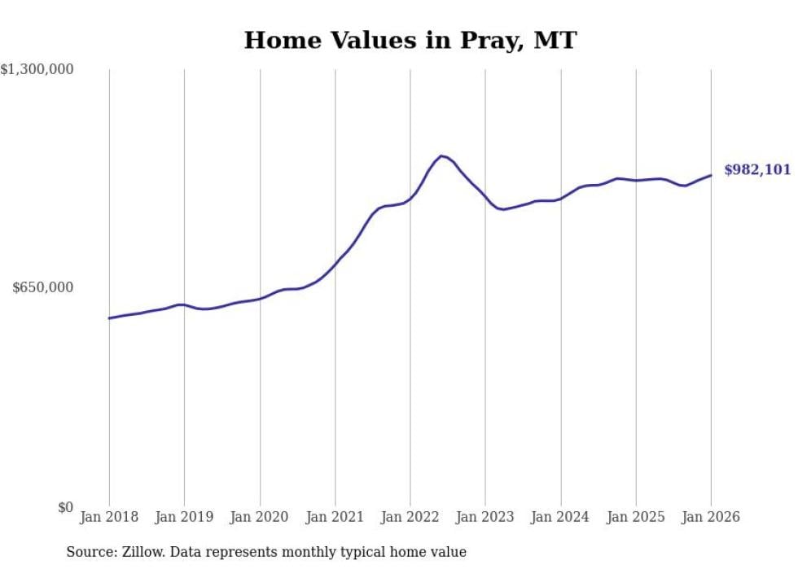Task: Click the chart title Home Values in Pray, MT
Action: pos(410,40)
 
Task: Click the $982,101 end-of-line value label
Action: pos(756,170)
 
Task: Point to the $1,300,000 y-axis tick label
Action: pos(37,70)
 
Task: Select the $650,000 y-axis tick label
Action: pos(43,287)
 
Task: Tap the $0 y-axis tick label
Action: pos(65,507)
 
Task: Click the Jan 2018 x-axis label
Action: pos(109,517)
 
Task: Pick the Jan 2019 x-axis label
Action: pos(184,517)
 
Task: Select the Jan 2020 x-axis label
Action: pos(260,517)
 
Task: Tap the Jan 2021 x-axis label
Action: pos(335,517)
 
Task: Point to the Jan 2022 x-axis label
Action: pos(410,517)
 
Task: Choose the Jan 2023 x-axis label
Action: pos(485,517)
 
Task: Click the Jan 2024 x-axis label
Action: pos(560,517)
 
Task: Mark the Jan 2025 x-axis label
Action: pos(636,517)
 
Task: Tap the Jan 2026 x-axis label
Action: pos(711,517)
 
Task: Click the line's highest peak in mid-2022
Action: pos(441,155)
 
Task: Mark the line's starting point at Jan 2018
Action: pos(109,318)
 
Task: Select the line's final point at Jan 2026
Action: pos(711,175)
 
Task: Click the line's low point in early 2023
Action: pos(504,209)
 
